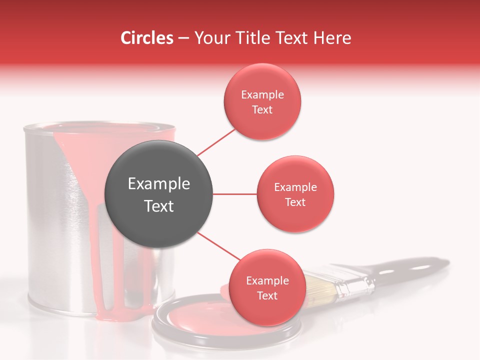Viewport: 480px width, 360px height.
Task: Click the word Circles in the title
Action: click(x=147, y=38)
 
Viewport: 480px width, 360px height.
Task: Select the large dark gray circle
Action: click(x=158, y=194)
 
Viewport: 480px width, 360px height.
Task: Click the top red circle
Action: click(x=262, y=101)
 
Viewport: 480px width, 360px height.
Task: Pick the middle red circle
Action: click(x=295, y=194)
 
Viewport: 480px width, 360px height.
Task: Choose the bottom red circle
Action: click(x=267, y=287)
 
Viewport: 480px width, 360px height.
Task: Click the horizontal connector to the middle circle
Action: click(x=234, y=194)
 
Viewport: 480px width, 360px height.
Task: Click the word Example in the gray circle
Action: click(x=158, y=183)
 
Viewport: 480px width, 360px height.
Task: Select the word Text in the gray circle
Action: click(x=158, y=205)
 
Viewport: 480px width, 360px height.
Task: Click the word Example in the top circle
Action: click(x=262, y=94)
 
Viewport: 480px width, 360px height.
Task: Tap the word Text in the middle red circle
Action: click(x=295, y=202)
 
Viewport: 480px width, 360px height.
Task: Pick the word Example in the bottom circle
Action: click(x=267, y=280)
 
